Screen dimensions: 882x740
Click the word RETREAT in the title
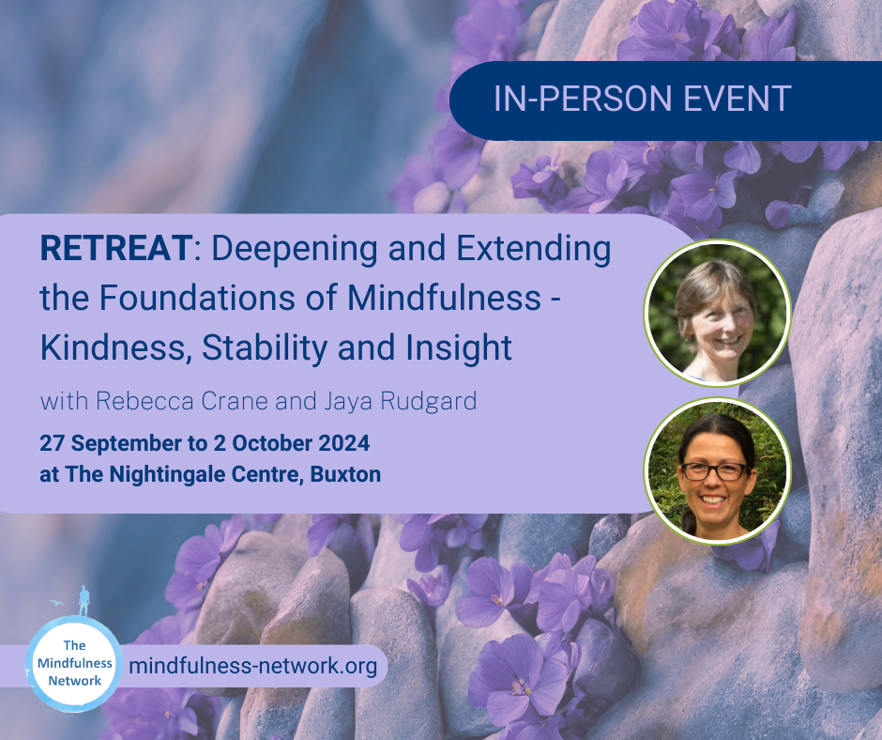[116, 248]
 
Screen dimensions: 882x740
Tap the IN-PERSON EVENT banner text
[643, 99]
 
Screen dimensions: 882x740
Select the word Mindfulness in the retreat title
[444, 298]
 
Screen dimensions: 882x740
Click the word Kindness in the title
[113, 348]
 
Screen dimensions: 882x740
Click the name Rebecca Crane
[182, 402]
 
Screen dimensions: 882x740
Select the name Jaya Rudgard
[400, 402]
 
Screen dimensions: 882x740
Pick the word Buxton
[345, 474]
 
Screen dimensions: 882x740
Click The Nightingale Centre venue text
[185, 475]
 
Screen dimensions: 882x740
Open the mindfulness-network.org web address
[253, 666]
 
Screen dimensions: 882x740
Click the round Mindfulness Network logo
[74, 663]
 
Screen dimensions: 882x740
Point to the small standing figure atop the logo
[84, 601]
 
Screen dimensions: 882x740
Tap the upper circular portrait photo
[717, 313]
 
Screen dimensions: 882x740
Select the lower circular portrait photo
[717, 470]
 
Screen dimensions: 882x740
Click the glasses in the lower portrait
[714, 471]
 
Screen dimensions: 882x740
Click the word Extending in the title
[533, 249]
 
